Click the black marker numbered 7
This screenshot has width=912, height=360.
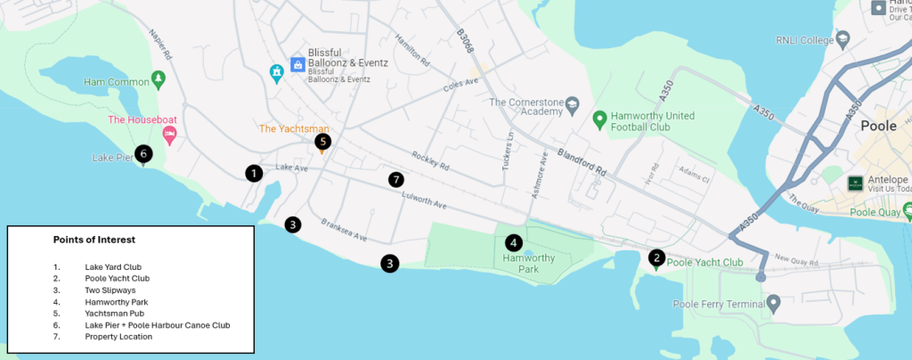click(396, 180)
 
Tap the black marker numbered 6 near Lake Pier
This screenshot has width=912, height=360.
click(143, 153)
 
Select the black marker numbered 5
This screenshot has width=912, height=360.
click(322, 141)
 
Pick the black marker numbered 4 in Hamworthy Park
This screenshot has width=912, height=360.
click(513, 242)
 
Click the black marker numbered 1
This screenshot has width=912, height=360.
click(255, 173)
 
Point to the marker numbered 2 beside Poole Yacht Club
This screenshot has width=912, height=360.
click(656, 258)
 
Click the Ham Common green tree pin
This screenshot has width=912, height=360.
click(159, 79)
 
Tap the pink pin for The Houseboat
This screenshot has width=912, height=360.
click(168, 134)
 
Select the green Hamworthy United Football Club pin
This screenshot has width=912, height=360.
click(600, 118)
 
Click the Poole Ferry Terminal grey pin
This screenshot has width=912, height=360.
click(774, 304)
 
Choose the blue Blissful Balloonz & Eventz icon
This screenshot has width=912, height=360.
click(297, 64)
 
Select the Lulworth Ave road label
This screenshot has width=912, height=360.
click(422, 202)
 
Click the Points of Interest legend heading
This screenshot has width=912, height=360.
click(94, 240)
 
